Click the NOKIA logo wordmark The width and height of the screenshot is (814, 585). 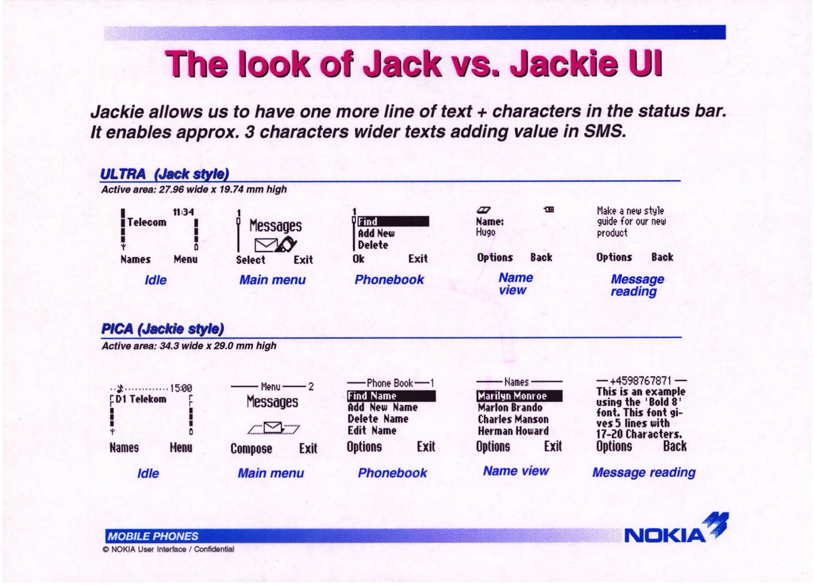pyautogui.click(x=665, y=535)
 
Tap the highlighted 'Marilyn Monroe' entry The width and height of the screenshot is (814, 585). pyautogui.click(x=511, y=396)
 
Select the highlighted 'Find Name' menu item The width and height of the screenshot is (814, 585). pyautogui.click(x=372, y=396)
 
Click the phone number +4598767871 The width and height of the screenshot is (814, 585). pyautogui.click(x=640, y=380)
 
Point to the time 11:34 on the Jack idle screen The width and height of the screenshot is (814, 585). pyautogui.click(x=183, y=212)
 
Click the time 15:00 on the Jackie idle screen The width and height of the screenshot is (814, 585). pyautogui.click(x=180, y=389)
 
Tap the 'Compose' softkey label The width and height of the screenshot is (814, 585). pyautogui.click(x=251, y=449)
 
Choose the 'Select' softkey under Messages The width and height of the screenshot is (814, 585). pyautogui.click(x=250, y=259)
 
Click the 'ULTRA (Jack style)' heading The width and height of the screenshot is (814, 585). pyautogui.click(x=164, y=174)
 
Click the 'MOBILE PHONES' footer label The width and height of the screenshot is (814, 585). pyautogui.click(x=142, y=535)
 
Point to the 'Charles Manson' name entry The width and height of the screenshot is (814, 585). pyautogui.click(x=512, y=419)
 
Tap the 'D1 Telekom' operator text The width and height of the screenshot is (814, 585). pyautogui.click(x=140, y=399)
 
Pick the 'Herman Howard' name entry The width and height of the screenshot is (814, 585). pyautogui.click(x=512, y=431)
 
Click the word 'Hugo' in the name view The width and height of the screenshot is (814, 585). pyautogui.click(x=486, y=232)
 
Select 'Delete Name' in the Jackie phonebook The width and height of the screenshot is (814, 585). pyautogui.click(x=378, y=419)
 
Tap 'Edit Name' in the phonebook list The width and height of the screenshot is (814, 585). pyautogui.click(x=372, y=430)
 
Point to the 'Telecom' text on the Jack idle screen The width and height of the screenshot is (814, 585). pyautogui.click(x=147, y=222)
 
